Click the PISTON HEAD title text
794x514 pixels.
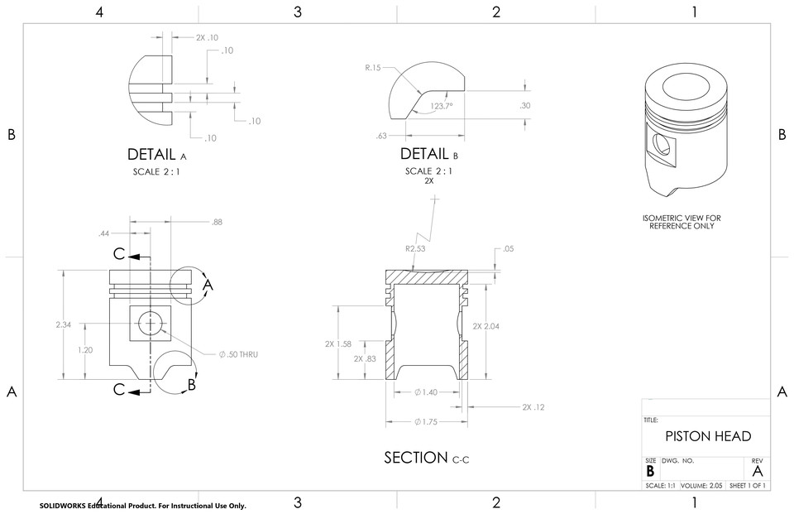tap(709, 436)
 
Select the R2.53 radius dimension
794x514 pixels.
tap(415, 248)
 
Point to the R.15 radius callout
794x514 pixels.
tap(373, 68)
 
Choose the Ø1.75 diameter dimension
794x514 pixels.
tap(427, 422)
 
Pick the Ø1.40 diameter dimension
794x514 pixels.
tap(427, 392)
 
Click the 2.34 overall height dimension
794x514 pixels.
tap(63, 325)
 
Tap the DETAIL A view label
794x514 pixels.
tap(157, 155)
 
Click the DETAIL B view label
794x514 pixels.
tap(428, 155)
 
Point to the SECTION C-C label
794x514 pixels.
tap(427, 458)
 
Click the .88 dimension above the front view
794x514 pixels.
tap(217, 222)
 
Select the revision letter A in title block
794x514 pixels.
tap(757, 471)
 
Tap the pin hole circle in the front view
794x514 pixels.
tap(151, 323)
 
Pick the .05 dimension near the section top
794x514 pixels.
tap(508, 248)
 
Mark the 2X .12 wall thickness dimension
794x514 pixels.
tap(533, 407)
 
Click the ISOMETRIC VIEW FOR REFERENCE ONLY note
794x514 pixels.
tap(682, 222)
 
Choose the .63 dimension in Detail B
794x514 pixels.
tap(381, 136)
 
